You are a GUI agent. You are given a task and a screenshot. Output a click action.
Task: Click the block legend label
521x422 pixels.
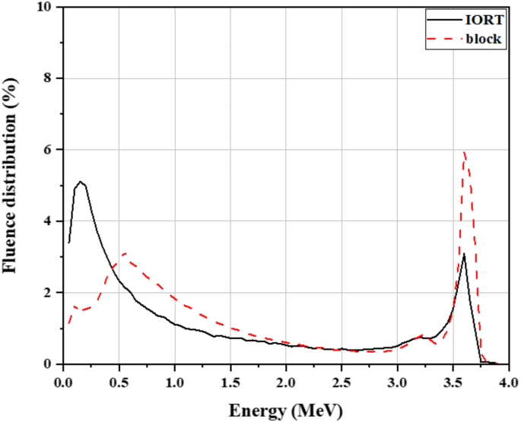point(486,39)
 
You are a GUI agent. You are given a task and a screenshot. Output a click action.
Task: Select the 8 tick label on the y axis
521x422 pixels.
point(49,79)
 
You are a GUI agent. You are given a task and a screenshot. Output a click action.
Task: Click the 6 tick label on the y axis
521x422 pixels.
point(49,151)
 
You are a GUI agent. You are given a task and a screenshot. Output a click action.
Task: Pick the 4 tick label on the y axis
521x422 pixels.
point(49,222)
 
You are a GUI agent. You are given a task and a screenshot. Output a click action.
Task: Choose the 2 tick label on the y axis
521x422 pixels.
point(49,293)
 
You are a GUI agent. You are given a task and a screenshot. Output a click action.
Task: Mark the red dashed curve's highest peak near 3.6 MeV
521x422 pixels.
point(465,152)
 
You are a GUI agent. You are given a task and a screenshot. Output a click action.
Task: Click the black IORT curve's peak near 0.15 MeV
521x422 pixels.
point(80,182)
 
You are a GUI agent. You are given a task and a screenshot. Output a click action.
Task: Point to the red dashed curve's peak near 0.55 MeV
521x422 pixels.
point(124,253)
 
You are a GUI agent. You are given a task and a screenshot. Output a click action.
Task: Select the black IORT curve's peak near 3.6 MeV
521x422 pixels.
point(464,255)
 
